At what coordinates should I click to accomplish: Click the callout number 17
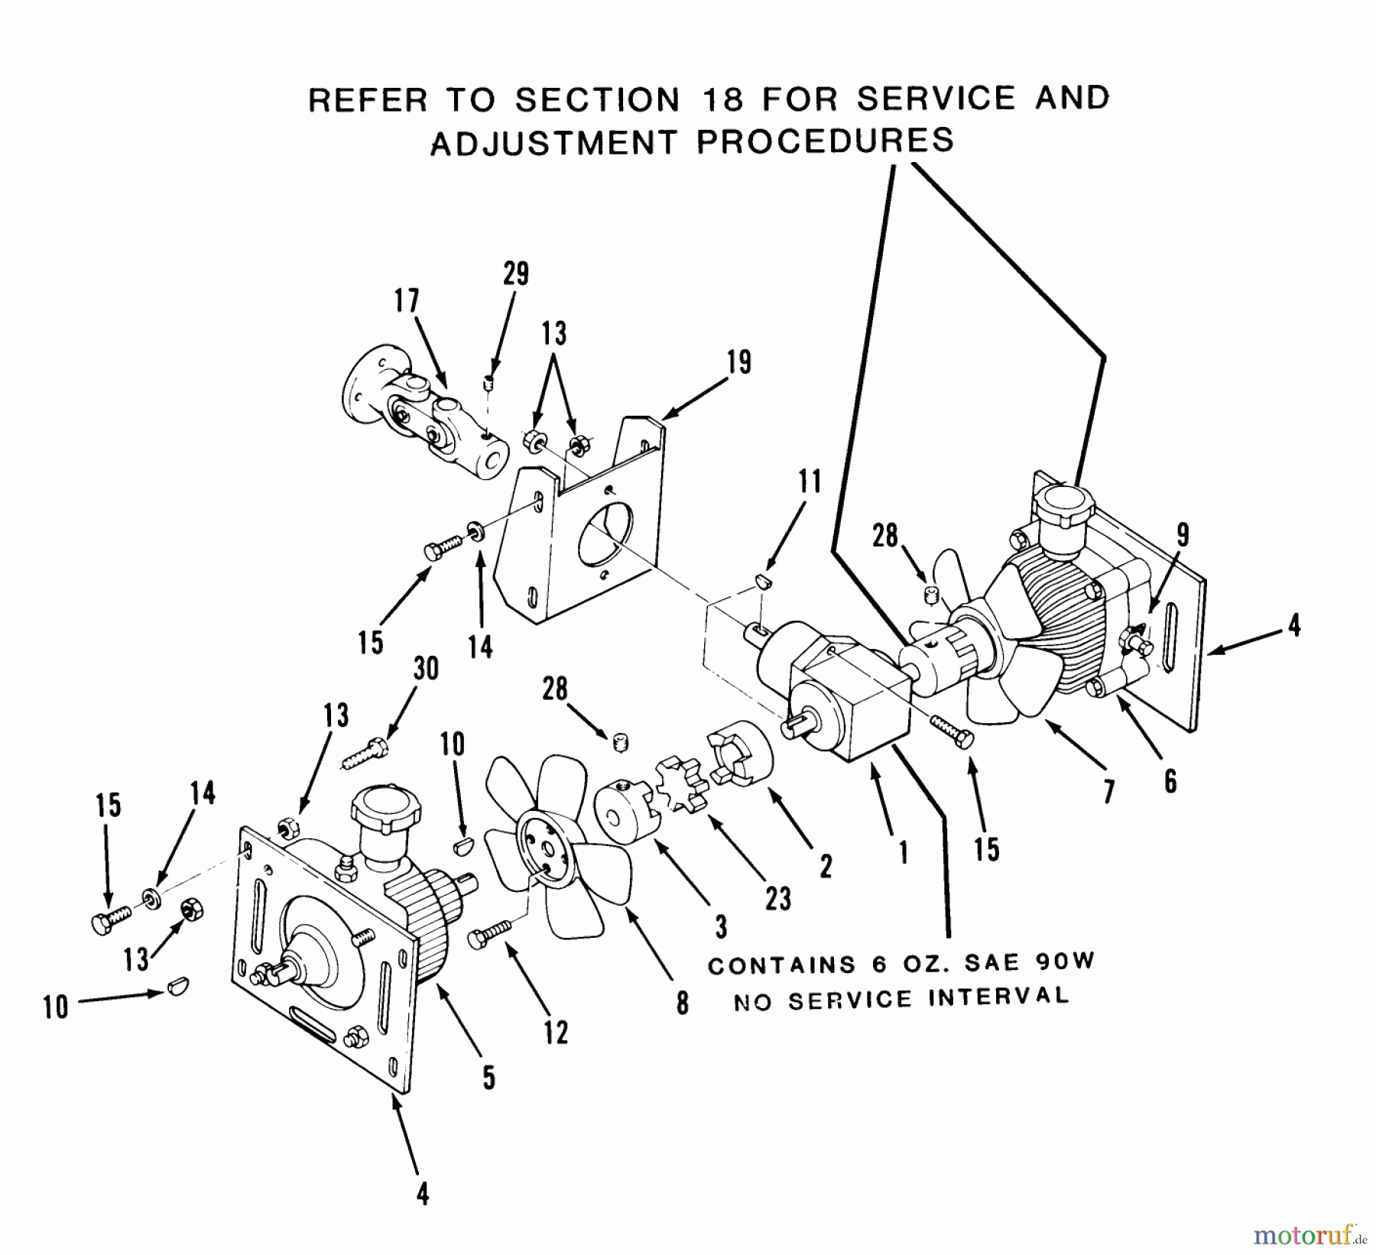tap(407, 301)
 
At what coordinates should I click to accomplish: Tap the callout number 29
tap(516, 273)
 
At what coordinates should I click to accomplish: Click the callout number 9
tap(1182, 535)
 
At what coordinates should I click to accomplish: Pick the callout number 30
tap(426, 669)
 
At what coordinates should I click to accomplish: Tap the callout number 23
tap(777, 899)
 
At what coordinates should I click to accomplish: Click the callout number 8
tap(682, 1002)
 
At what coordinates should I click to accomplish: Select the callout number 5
tap(488, 1078)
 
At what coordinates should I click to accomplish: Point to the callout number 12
tap(556, 1033)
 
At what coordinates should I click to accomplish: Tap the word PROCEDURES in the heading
tap(825, 141)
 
